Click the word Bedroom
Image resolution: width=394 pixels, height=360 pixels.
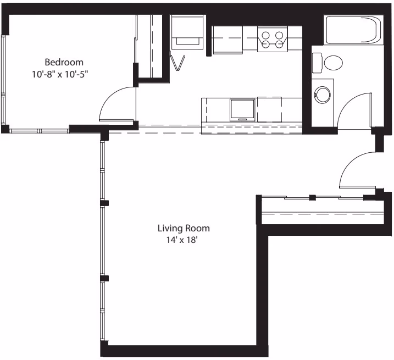point(64,62)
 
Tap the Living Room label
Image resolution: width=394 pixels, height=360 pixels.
point(184,228)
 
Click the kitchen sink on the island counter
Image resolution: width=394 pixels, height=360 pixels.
point(242,109)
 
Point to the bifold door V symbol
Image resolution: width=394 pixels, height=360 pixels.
point(178,63)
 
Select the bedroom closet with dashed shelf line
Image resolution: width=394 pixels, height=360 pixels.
point(149,47)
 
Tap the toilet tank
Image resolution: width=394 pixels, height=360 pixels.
point(317,63)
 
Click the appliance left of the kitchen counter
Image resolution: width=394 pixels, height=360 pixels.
point(187,33)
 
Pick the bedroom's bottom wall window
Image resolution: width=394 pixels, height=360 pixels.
point(38,131)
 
